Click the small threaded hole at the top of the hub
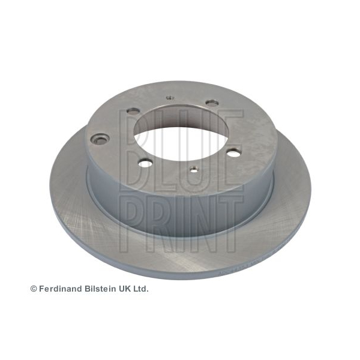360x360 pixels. pyautogui.click(x=170, y=98)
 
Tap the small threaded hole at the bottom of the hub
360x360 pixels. pyautogui.click(x=194, y=170)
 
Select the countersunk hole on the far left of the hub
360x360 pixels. pyautogui.click(x=100, y=140)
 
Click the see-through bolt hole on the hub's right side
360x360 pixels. pyautogui.click(x=233, y=152)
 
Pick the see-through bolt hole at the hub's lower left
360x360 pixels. pyautogui.click(x=146, y=163)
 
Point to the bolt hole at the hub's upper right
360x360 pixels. pyautogui.click(x=211, y=103)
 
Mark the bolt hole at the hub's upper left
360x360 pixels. pyautogui.click(x=133, y=112)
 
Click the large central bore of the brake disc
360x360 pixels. pyautogui.click(x=181, y=136)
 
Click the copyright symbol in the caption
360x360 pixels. pyautogui.click(x=34, y=289)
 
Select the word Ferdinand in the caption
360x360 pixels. pyautogui.click(x=61, y=289)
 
